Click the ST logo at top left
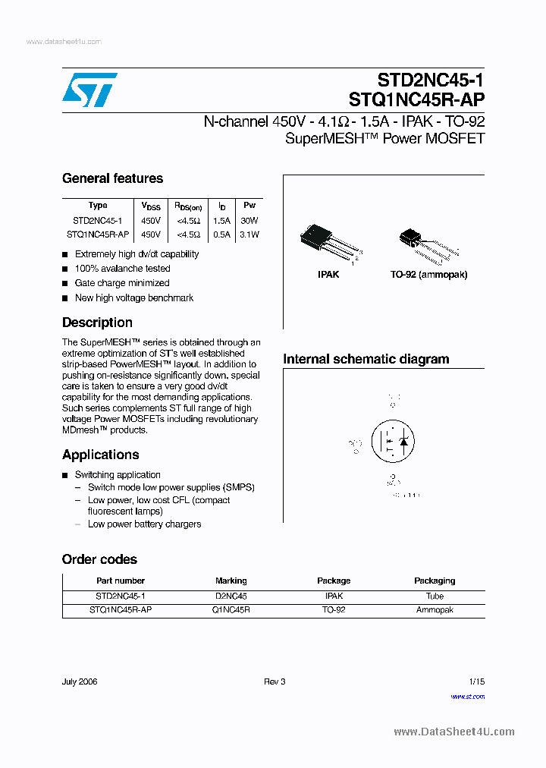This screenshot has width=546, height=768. point(89,90)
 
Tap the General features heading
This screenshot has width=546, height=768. point(112,178)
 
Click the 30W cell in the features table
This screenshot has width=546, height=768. point(249,220)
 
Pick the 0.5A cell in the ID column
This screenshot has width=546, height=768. point(221,234)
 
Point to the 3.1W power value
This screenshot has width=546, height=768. point(249,234)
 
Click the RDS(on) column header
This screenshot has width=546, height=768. point(188,206)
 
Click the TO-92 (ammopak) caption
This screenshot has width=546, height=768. point(428,274)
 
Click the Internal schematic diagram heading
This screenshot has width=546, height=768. point(366,359)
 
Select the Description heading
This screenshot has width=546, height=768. point(97,323)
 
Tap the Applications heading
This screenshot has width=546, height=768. point(100,455)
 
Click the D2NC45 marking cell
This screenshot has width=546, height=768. point(231,596)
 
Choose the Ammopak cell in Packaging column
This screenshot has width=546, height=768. point(435,610)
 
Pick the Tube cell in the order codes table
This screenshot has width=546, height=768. point(435,596)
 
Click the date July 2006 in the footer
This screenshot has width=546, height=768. point(80,681)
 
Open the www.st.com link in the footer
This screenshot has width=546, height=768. point(468,697)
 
